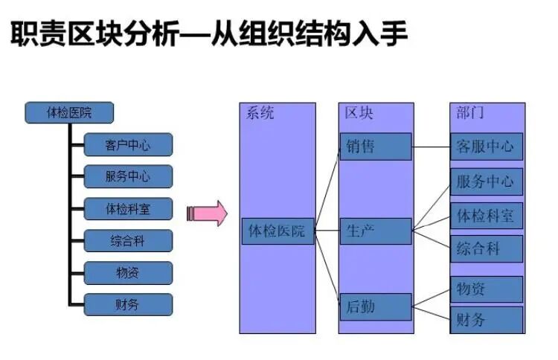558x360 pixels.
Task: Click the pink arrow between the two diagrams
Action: coord(206,213)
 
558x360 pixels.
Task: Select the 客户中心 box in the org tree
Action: coord(128,145)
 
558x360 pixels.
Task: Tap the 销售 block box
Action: coord(375,147)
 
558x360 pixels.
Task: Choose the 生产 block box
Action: coord(375,231)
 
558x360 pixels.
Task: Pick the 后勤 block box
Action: coord(375,306)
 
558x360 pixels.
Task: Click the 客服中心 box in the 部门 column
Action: coord(487,147)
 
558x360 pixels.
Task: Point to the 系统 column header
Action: coord(260,113)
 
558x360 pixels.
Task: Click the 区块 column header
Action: coord(359,113)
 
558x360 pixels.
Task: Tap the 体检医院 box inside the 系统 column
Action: coord(278,231)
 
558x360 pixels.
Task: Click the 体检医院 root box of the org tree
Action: coord(69,113)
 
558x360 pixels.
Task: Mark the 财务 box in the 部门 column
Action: coord(487,320)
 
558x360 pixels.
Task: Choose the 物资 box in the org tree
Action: coord(128,272)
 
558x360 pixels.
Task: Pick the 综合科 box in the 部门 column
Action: coord(487,248)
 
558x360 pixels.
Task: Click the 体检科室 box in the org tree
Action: coord(128,209)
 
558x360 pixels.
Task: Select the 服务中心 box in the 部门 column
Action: coord(487,181)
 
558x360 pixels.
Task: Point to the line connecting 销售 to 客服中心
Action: coord(431,147)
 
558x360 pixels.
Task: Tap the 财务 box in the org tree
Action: coord(128,304)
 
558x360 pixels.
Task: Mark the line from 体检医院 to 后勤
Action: coord(327,268)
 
